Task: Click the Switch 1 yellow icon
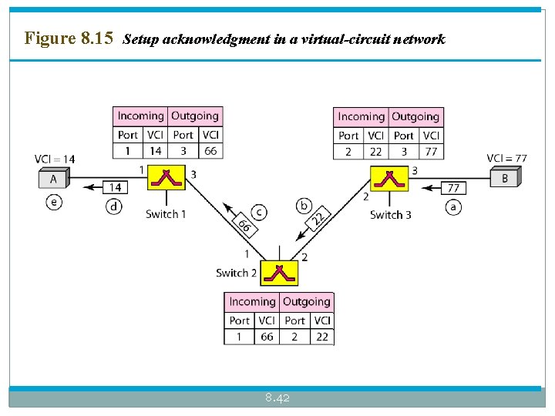(x=165, y=178)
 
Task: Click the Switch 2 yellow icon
(x=278, y=272)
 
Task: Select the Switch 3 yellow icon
(x=389, y=178)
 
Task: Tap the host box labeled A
(x=53, y=179)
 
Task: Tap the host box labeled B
(x=505, y=179)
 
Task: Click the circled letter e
(x=54, y=203)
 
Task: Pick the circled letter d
(x=114, y=206)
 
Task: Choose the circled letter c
(x=260, y=211)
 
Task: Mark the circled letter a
(x=453, y=207)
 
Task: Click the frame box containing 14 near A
(x=115, y=187)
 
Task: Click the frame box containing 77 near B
(x=453, y=187)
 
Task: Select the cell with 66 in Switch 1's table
(x=210, y=151)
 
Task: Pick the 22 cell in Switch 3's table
(x=375, y=152)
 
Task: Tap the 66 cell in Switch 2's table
(x=267, y=337)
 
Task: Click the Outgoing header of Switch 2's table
(x=306, y=302)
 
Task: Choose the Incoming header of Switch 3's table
(x=360, y=117)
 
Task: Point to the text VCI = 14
(x=55, y=159)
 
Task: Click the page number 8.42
(x=277, y=398)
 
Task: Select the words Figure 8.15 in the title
(x=69, y=38)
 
